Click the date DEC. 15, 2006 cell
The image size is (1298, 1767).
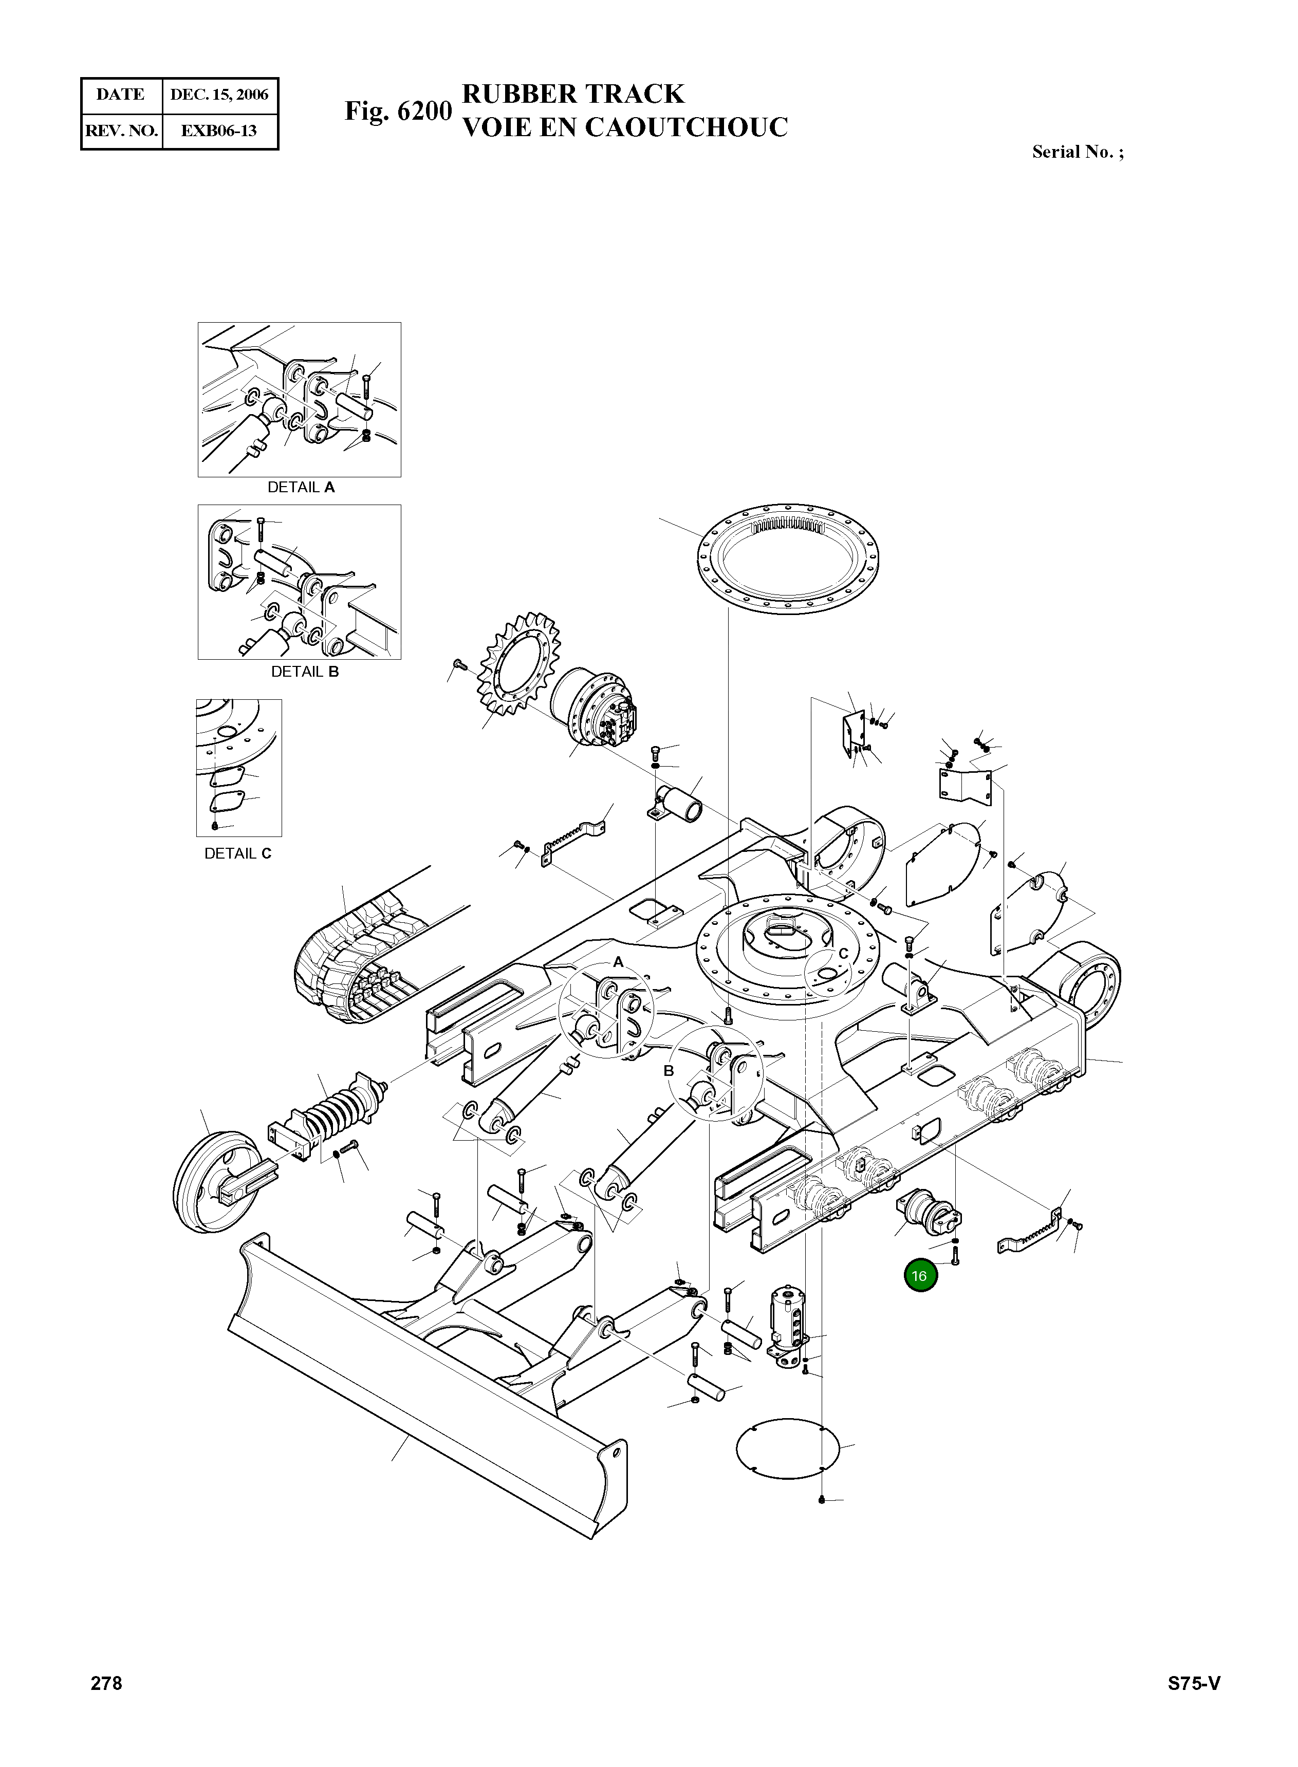pyautogui.click(x=219, y=95)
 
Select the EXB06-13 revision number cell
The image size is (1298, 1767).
pyautogui.click(x=219, y=131)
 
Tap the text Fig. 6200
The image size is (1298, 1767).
pyautogui.click(x=398, y=111)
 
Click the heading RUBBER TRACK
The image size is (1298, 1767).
pyautogui.click(x=573, y=94)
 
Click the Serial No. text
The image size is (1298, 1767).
pyautogui.click(x=1077, y=153)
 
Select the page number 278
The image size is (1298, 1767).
pyautogui.click(x=107, y=1683)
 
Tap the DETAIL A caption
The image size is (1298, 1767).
pyautogui.click(x=301, y=487)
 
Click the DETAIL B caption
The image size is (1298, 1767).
pyautogui.click(x=305, y=672)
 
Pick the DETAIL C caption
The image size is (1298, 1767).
pyautogui.click(x=238, y=853)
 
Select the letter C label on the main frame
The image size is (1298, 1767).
pyautogui.click(x=843, y=953)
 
